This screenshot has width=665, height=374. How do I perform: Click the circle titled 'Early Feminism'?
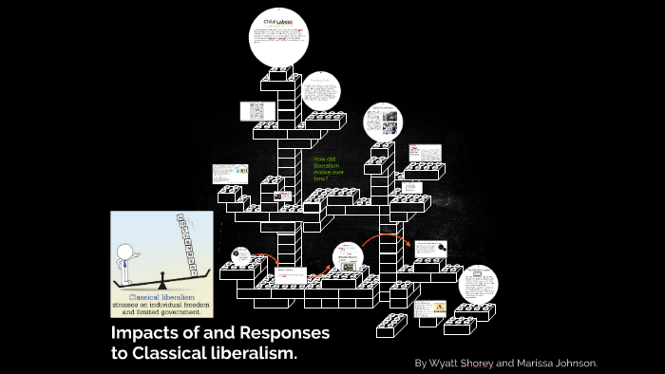click(x=383, y=122)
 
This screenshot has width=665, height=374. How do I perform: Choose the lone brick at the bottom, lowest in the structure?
click(x=390, y=326)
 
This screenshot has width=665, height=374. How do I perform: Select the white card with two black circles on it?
click(x=429, y=248)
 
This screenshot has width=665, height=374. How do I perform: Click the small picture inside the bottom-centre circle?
click(x=349, y=267)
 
